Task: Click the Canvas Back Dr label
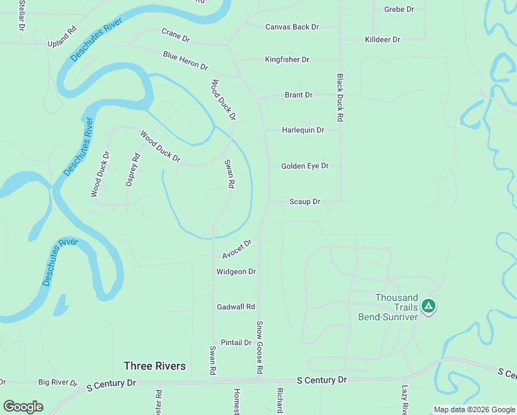pos(292,27)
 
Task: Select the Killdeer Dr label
pos(382,39)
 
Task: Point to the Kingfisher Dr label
pos(287,59)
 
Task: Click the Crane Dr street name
pos(175,33)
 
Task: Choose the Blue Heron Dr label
pos(185,61)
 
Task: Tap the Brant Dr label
pos(299,95)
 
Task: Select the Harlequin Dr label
pos(303,130)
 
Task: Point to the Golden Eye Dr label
pos(304,166)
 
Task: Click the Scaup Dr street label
pos(304,202)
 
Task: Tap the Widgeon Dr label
pos(236,272)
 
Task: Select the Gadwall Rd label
pos(236,306)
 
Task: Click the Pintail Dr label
pos(236,342)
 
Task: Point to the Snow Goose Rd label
pos(260,347)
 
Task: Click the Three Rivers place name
pos(154,365)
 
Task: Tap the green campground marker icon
pos(429,306)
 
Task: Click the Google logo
pos(23,406)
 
